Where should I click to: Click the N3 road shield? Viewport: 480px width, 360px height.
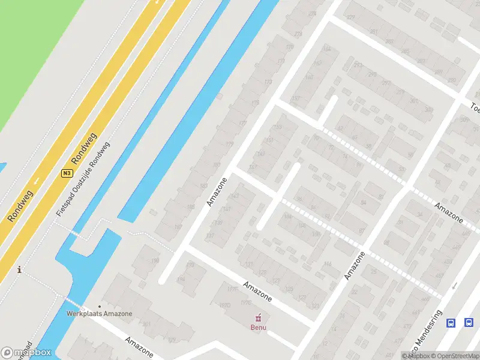tap(67, 173)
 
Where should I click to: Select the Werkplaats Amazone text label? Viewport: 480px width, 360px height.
tap(100, 314)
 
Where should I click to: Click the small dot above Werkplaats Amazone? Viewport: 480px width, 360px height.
tap(100, 307)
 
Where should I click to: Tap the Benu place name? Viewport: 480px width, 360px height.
tap(259, 328)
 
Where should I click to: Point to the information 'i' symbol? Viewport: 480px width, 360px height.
tap(20, 270)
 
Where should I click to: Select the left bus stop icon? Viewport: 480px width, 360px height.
tap(451, 323)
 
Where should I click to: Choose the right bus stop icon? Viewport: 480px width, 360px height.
tap(469, 323)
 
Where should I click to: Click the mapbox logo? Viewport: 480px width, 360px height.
tap(26, 353)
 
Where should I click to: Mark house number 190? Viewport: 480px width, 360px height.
tap(155, 260)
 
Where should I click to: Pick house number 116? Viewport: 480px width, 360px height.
tap(327, 264)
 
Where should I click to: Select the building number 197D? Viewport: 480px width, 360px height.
tap(225, 305)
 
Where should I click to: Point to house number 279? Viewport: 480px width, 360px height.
tap(350, 17)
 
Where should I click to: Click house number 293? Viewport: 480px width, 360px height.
tap(358, 65)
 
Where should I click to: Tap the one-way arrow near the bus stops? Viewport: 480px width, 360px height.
tap(454, 286)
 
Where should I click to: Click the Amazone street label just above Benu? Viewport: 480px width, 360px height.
tap(257, 291)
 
